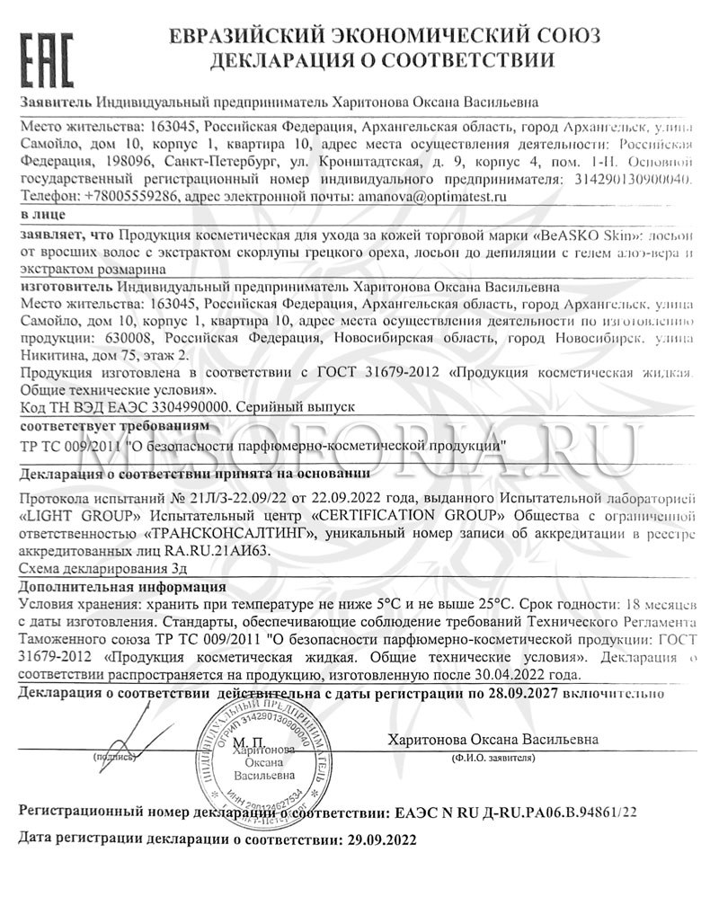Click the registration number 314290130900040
click(x=635, y=179)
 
